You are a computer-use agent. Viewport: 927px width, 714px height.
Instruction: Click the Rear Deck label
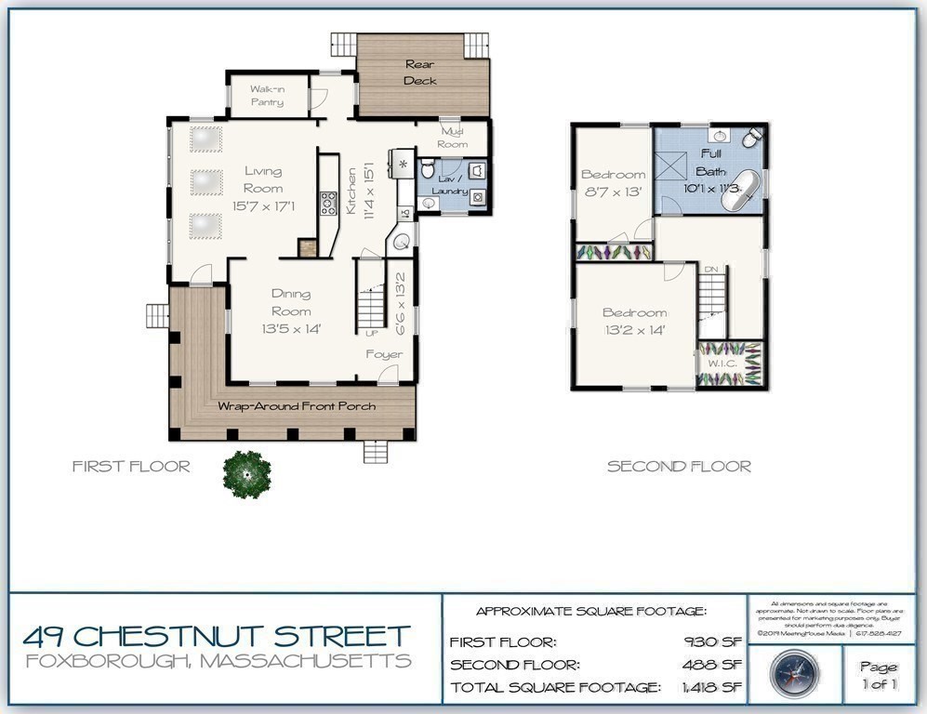pyautogui.click(x=420, y=73)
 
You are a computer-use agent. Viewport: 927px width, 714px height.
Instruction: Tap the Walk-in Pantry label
pyautogui.click(x=266, y=96)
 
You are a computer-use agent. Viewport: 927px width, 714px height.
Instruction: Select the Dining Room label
pyautogui.click(x=291, y=303)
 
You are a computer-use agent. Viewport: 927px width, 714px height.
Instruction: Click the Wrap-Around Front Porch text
pyautogui.click(x=297, y=407)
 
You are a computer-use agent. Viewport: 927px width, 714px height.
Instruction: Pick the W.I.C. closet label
pyautogui.click(x=722, y=364)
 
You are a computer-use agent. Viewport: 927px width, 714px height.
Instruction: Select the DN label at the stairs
pyautogui.click(x=711, y=269)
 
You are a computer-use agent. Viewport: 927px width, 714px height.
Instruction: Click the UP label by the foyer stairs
pyautogui.click(x=372, y=333)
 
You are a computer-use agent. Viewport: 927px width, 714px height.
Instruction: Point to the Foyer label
pyautogui.click(x=384, y=354)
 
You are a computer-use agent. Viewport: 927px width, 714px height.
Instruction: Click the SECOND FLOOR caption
pyautogui.click(x=679, y=467)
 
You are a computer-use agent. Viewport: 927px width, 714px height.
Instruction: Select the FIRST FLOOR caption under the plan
pyautogui.click(x=131, y=467)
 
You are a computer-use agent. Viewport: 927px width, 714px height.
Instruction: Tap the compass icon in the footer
pyautogui.click(x=794, y=671)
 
